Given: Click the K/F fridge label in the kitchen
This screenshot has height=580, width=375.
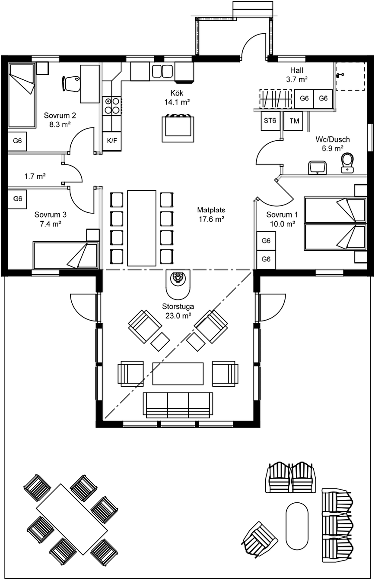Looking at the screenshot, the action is coord(112,141).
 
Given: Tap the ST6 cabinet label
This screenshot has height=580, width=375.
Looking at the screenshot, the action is coord(270,120).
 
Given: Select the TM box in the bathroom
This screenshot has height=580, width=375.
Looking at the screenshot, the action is coord(293,121).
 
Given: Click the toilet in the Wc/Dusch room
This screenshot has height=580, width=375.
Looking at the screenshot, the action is coord(347,163).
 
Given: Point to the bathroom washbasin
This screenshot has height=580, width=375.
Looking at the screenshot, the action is coord(318,167).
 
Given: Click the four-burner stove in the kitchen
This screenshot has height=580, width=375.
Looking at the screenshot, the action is coord(112,106).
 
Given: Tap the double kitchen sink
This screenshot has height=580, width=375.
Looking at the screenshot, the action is coord(162,71).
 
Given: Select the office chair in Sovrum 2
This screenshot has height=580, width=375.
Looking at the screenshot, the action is coord(71,83).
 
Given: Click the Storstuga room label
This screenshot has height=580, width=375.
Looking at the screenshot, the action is coord(178,306).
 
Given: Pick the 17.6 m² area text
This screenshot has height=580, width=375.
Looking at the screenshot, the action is coord(211,219).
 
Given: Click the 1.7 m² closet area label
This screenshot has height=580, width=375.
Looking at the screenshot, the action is coord(35,177).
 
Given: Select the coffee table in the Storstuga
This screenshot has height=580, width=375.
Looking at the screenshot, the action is coord(178,374).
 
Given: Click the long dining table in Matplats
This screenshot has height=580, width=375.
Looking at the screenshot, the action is coord(142,228).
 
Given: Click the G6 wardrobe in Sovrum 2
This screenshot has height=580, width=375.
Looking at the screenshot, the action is coord(17,141).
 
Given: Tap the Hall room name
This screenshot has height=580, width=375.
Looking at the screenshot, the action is coord(297,70).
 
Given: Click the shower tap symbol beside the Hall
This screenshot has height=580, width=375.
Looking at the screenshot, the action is coord(339,75).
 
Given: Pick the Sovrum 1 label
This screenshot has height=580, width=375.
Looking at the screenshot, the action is coord(282,214).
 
